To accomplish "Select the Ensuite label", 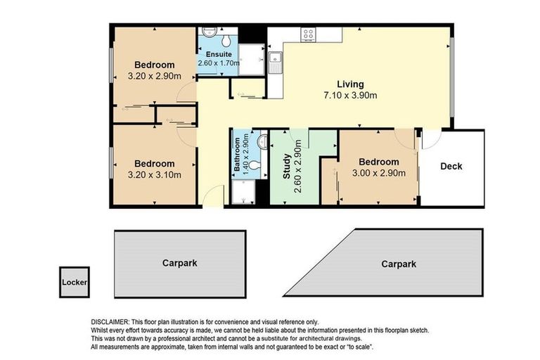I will pyautogui.click(x=217, y=54).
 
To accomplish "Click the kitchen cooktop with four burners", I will pyautogui.click(x=309, y=32).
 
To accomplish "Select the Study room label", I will pyautogui.click(x=287, y=169).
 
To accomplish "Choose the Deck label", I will pyautogui.click(x=451, y=167).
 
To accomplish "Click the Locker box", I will pyautogui.click(x=74, y=282).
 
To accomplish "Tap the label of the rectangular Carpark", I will pyautogui.click(x=180, y=263).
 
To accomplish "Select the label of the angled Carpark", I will pyautogui.click(x=399, y=264).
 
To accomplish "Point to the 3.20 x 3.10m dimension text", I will pyautogui.click(x=155, y=175).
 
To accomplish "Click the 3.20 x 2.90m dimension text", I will pyautogui.click(x=155, y=76).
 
